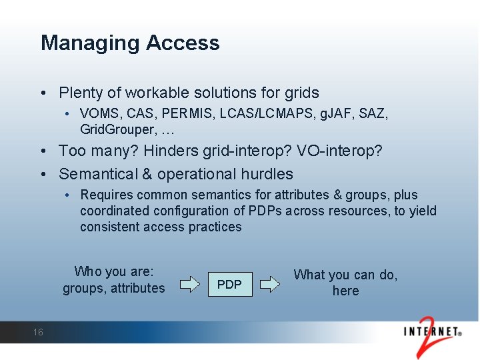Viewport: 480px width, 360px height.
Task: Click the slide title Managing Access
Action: (x=130, y=43)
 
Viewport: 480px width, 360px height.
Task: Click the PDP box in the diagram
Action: (x=230, y=285)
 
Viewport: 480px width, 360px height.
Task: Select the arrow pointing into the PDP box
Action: (x=190, y=285)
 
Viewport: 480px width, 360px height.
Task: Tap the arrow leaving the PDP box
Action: (x=269, y=285)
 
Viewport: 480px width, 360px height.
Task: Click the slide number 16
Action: (x=38, y=332)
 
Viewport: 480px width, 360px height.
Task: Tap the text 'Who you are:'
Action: (x=114, y=271)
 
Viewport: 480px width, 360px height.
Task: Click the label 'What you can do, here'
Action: (x=345, y=283)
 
